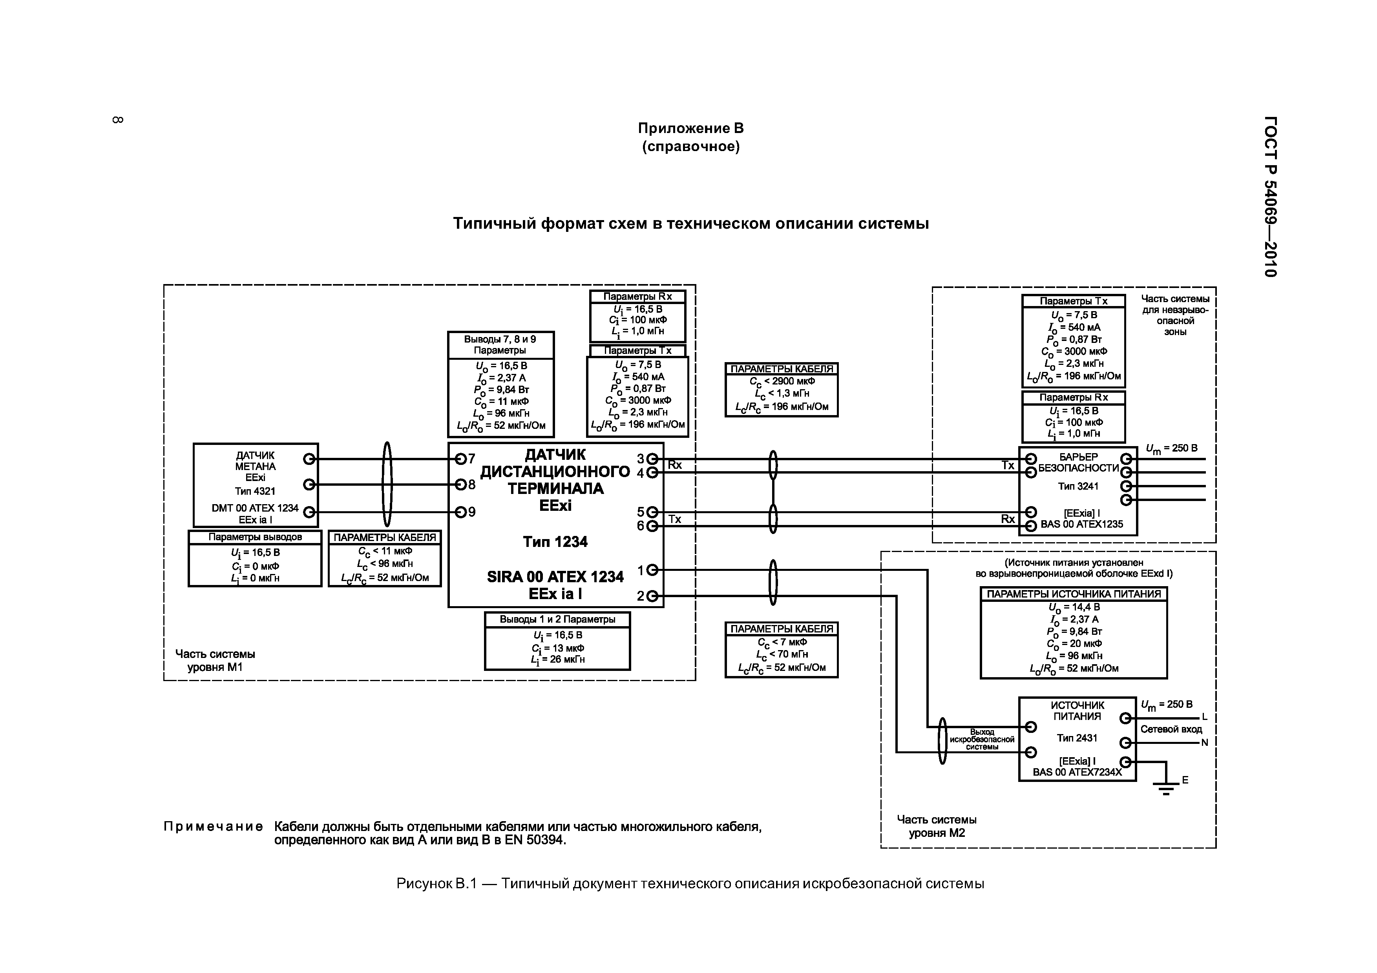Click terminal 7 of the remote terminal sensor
460,459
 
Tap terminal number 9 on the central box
460,512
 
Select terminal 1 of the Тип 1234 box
652,570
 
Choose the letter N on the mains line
1204,743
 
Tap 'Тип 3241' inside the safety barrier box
1078,486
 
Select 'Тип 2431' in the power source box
1077,738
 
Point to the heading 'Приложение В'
690,128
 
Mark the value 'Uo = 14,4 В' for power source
1074,607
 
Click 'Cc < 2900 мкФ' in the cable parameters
782,381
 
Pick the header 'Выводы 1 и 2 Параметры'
557,619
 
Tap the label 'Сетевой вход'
1171,730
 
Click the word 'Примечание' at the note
213,827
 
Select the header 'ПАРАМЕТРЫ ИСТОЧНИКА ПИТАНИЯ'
1074,594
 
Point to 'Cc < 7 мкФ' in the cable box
782,642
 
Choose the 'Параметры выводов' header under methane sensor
255,537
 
